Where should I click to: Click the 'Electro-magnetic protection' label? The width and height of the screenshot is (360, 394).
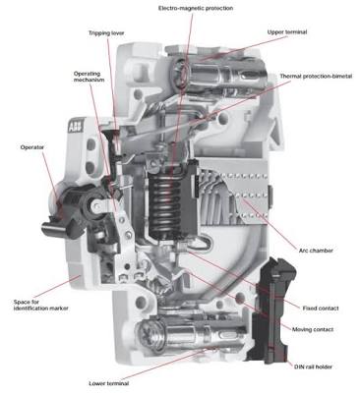coord(196,8)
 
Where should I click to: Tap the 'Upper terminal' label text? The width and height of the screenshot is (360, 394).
coord(287,32)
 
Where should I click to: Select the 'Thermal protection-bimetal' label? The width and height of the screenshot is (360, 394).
coord(316,76)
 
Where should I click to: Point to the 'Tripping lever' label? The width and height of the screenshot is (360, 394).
coord(106,33)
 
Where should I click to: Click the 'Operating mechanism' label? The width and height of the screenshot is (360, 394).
coord(89,77)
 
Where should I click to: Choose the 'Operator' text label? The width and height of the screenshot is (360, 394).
coord(31,147)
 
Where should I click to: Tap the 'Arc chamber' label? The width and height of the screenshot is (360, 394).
coord(316,251)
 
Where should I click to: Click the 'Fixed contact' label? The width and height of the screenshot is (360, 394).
coord(321,309)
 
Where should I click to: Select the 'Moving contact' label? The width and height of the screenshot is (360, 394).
coord(313,329)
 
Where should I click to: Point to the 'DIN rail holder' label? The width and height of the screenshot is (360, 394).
coord(313,366)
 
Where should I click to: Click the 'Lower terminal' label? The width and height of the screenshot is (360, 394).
coord(109,383)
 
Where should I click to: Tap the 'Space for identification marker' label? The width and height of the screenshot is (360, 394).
coord(41,305)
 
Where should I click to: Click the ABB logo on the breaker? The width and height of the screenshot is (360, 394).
coord(76,126)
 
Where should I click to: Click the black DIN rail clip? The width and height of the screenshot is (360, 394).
coord(271,311)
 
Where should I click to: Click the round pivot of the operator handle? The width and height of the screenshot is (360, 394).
coord(95,205)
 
